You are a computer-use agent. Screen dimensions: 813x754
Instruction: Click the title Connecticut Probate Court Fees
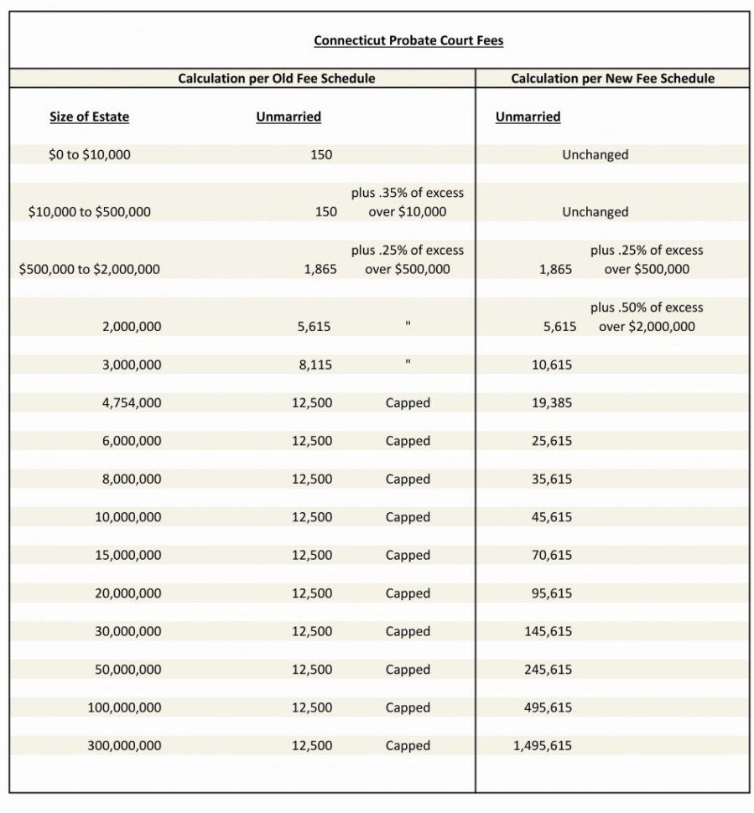coord(408,40)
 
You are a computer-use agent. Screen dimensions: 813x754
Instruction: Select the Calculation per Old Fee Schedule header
coord(276,78)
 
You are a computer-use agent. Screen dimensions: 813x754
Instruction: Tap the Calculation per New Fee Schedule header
coord(612,78)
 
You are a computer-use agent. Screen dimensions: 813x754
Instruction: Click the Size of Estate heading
coord(89,117)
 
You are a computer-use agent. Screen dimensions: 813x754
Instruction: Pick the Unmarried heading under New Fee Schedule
coord(528,117)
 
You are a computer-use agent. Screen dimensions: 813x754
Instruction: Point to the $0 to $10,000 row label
coord(89,154)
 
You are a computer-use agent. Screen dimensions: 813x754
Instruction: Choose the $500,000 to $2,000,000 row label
coord(89,269)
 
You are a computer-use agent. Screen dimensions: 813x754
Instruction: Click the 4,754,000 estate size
coord(132,402)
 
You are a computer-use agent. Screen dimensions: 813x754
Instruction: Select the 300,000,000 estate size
coord(124,745)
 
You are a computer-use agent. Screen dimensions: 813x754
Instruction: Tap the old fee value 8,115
coord(313,365)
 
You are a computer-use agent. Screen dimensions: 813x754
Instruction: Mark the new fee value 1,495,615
coord(542,745)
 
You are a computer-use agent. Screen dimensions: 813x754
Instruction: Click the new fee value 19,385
coord(552,402)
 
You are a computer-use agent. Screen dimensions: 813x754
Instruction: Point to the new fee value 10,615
coord(552,365)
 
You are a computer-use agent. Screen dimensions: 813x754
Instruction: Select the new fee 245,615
coord(549,669)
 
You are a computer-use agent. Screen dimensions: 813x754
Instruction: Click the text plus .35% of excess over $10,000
coord(408,202)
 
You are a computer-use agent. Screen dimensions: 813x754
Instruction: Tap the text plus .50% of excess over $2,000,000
coord(647,317)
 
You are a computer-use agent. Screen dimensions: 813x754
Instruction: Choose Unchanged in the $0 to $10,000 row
coord(595,154)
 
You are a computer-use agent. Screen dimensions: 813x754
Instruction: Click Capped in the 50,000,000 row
coord(408,669)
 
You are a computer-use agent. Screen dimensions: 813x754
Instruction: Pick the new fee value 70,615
coord(552,555)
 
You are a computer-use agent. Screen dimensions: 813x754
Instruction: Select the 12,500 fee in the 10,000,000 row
coord(312,517)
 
